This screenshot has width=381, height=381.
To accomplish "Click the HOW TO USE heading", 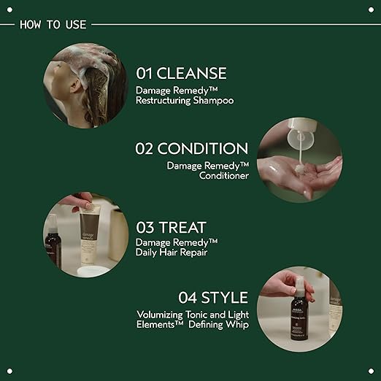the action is (x=53, y=25).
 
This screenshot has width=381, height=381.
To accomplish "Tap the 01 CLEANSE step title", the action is (x=181, y=73).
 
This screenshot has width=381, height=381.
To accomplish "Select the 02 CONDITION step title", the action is (x=192, y=148).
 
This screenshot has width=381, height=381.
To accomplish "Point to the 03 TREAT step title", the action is (x=171, y=228).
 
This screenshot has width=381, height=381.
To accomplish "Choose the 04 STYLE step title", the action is (x=213, y=298).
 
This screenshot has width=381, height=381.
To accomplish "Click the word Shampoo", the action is (x=213, y=101).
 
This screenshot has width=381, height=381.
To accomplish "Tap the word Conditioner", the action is (x=224, y=176).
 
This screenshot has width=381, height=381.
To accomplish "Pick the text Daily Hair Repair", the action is (x=172, y=253).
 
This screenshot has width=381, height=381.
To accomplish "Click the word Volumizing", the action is (x=160, y=315).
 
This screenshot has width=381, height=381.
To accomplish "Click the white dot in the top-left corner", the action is (x=9, y=9).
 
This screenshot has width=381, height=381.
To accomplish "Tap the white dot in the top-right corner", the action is (x=371, y=9).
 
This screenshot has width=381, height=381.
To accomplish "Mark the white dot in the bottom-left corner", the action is (x=9, y=371).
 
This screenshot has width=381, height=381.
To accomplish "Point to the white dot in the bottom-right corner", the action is (x=371, y=371).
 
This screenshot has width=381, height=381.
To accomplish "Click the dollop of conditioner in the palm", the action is (x=299, y=169).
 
